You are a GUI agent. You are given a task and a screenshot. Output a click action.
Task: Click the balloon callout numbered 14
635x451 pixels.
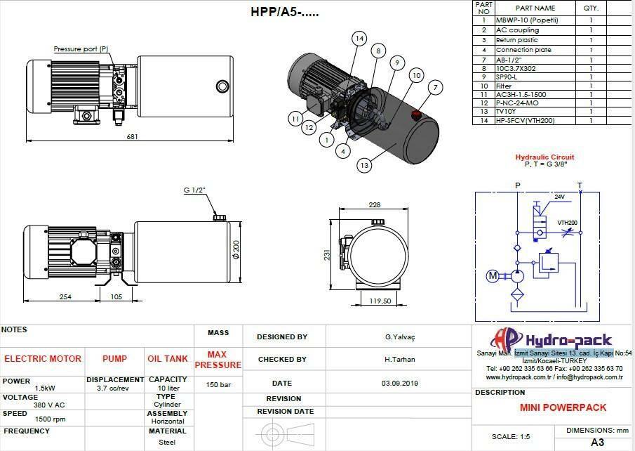click(x=359, y=39)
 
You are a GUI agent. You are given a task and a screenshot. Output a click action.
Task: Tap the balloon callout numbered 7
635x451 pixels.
click(x=435, y=87)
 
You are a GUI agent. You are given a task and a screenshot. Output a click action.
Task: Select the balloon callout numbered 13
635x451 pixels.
click(x=364, y=165)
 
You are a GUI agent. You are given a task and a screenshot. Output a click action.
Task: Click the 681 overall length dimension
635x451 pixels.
click(x=133, y=137)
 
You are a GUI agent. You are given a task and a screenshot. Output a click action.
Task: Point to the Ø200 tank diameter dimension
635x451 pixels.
click(x=236, y=250)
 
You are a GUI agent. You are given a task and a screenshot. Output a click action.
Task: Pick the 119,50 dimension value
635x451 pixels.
click(x=380, y=301)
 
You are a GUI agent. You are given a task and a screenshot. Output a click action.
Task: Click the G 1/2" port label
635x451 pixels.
click(x=195, y=190)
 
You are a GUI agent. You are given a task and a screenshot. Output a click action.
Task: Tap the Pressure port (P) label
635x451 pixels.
click(x=81, y=49)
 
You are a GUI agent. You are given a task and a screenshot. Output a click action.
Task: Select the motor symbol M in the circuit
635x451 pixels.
click(x=493, y=276)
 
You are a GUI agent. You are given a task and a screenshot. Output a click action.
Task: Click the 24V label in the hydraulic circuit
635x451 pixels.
click(x=559, y=197)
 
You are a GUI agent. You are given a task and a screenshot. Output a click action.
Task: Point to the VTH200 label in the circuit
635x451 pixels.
click(x=567, y=223)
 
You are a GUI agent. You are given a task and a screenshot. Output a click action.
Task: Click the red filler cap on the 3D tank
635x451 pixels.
click(x=415, y=115)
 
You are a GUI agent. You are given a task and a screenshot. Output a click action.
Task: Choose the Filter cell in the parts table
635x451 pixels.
click(x=504, y=86)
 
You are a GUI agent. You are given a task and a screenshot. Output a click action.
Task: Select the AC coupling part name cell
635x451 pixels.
click(x=517, y=30)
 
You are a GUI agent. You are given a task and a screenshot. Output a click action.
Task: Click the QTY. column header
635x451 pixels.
click(x=591, y=8)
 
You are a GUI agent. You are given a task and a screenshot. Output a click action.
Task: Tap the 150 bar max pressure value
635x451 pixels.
click(x=218, y=384)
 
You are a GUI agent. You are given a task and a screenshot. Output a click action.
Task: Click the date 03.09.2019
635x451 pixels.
click(x=400, y=384)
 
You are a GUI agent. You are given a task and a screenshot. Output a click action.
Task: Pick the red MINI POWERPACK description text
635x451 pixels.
click(x=563, y=407)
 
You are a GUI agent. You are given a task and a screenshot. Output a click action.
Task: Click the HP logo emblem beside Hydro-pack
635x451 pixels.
click(x=506, y=339)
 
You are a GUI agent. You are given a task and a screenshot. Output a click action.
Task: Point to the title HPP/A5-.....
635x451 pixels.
click(x=285, y=12)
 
